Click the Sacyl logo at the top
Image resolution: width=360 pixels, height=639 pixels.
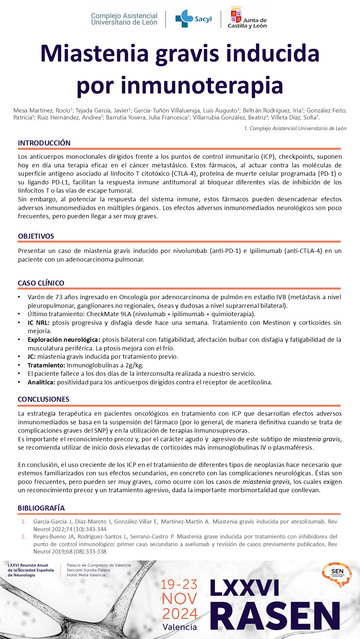coord(193,19)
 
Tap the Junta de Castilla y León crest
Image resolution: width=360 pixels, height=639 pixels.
coord(236,15)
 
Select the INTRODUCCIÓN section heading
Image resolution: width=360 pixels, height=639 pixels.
coord(44,143)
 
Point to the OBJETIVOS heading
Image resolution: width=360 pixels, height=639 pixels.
coord(36,236)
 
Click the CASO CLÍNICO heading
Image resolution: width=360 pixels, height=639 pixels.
coord(41,283)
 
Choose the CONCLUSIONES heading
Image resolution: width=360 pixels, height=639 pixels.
coord(44,399)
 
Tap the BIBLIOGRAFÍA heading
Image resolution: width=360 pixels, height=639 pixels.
coord(41,508)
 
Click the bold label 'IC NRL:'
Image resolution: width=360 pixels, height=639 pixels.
coord(39,322)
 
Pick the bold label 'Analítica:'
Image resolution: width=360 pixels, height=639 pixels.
coord(41,382)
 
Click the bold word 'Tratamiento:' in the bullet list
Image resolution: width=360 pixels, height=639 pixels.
coord(46,365)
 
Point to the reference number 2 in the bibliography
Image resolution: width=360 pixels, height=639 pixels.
coord(24,536)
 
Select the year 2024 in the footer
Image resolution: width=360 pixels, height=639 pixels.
coord(180,614)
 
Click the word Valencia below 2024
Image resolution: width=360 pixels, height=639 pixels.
coord(180,627)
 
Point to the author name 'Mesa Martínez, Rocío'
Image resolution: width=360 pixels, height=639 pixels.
coord(42,110)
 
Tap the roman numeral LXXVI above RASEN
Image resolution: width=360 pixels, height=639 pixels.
coord(245,588)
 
